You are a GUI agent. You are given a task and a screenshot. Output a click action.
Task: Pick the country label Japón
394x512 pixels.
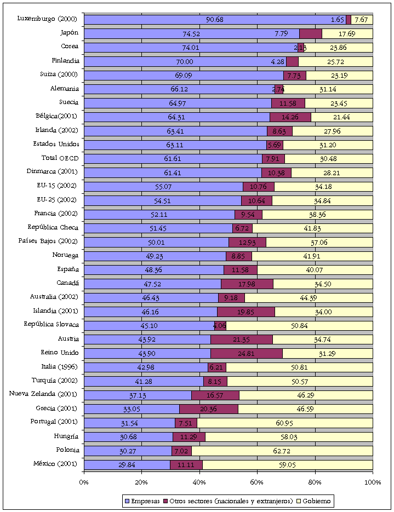69,33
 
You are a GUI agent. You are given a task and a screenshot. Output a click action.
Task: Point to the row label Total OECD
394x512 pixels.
60,158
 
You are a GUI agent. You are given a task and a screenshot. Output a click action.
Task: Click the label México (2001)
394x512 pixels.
55,464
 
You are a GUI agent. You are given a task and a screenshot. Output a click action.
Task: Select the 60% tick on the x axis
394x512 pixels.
257,482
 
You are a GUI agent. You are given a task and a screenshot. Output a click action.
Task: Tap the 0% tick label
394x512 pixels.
84,482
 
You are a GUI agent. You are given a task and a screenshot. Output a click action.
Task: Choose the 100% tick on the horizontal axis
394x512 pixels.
373,482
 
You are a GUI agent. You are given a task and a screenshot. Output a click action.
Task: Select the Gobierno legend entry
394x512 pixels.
314,501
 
